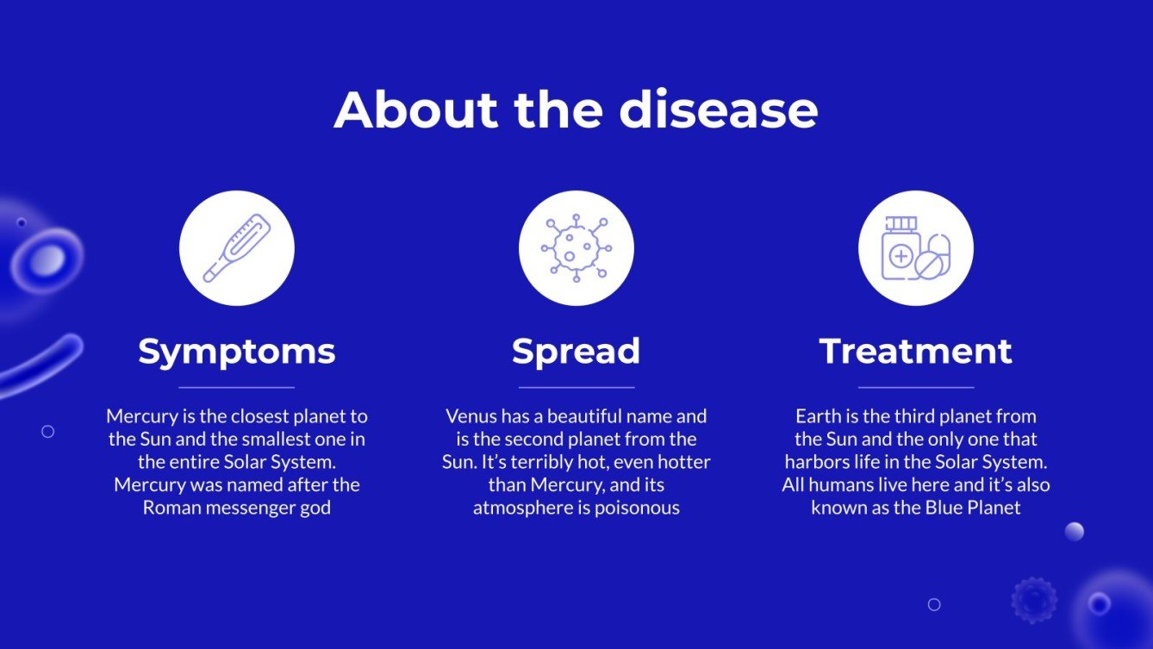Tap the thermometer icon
pyautogui.click(x=237, y=248)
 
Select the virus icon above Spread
pyautogui.click(x=576, y=248)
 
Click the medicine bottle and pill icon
pyautogui.click(x=915, y=248)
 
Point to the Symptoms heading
pyautogui.click(x=237, y=352)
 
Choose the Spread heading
pyautogui.click(x=576, y=352)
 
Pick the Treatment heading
pyautogui.click(x=915, y=352)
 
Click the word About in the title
pyautogui.click(x=416, y=109)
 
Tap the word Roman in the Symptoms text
pyautogui.click(x=171, y=508)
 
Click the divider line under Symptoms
pyautogui.click(x=237, y=388)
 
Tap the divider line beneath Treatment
pyautogui.click(x=915, y=388)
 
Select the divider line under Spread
pyautogui.click(x=576, y=388)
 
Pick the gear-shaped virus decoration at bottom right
pyautogui.click(x=1033, y=600)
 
